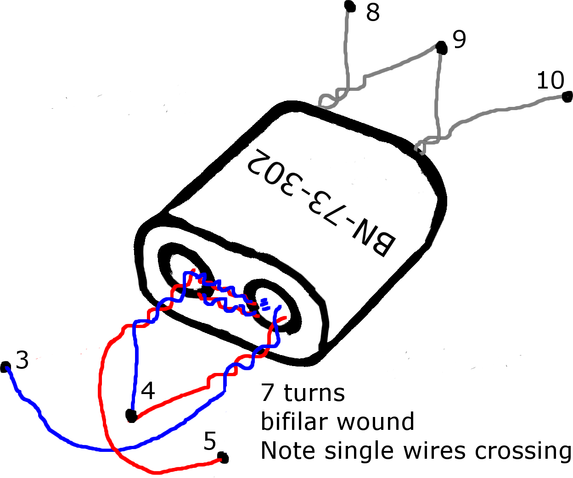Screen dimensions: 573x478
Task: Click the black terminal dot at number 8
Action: [350, 6]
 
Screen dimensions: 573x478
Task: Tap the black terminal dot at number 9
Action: [441, 48]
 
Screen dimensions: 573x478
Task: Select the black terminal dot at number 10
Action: [567, 97]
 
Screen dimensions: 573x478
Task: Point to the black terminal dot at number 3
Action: [5, 367]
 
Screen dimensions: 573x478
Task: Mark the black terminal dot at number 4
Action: [131, 416]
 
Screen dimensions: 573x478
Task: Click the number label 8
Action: [373, 12]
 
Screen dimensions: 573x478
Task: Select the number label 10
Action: [550, 80]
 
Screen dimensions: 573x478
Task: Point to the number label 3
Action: [22, 360]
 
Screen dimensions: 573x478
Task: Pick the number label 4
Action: [148, 390]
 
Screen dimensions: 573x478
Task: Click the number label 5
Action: [210, 441]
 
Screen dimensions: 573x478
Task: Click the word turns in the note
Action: [315, 393]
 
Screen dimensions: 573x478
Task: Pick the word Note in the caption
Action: [288, 450]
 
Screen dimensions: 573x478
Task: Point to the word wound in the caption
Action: [376, 422]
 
